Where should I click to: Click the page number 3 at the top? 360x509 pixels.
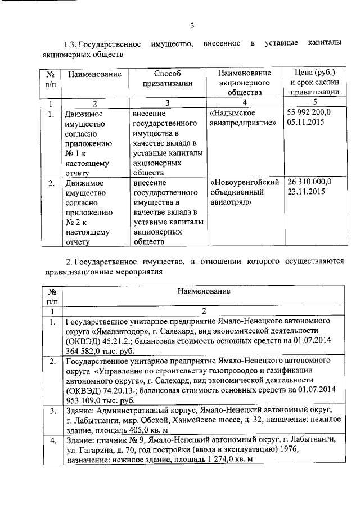tap(192, 25)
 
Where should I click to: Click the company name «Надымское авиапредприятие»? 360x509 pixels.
tap(244, 118)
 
